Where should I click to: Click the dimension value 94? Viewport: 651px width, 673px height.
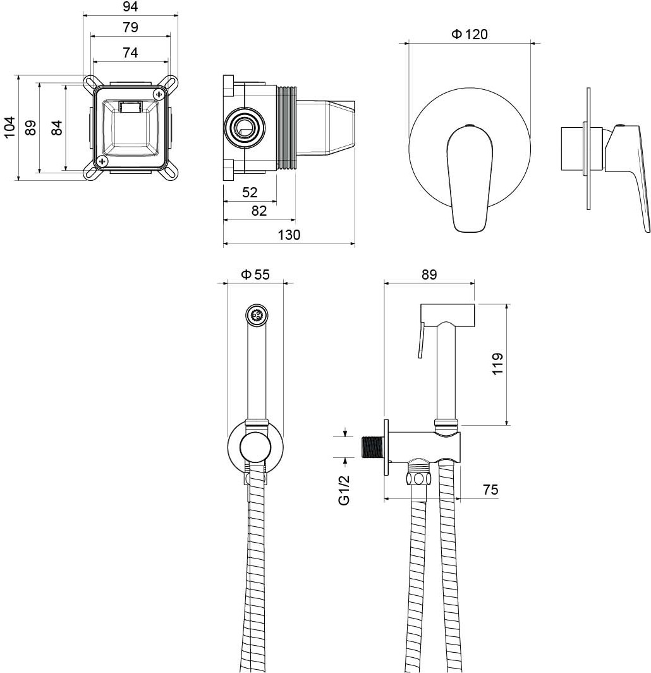pyautogui.click(x=130, y=7)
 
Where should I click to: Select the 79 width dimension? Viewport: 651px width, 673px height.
pyautogui.click(x=130, y=28)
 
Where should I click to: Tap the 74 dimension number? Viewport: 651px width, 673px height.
pyautogui.click(x=130, y=53)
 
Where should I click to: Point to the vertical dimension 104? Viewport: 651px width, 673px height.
pyautogui.click(x=9, y=127)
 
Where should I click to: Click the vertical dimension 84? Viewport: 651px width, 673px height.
pyautogui.click(x=57, y=127)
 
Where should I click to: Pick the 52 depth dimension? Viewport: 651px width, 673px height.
pyautogui.click(x=250, y=192)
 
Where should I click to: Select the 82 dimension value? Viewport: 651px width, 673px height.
pyautogui.click(x=259, y=211)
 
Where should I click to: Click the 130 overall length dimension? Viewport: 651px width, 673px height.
pyautogui.click(x=289, y=235)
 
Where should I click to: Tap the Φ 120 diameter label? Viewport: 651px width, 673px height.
pyautogui.click(x=470, y=34)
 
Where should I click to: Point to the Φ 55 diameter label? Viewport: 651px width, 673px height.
pyautogui.click(x=255, y=274)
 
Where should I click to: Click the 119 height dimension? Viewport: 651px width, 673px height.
pyautogui.click(x=498, y=364)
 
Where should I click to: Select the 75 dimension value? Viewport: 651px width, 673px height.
pyautogui.click(x=490, y=490)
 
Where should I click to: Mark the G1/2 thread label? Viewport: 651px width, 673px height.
pyautogui.click(x=344, y=491)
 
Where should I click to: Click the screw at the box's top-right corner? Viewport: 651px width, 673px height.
pyautogui.click(x=159, y=94)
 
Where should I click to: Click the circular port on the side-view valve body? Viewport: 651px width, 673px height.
pyautogui.click(x=245, y=130)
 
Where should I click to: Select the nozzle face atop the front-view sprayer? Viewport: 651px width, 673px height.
pyautogui.click(x=257, y=314)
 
